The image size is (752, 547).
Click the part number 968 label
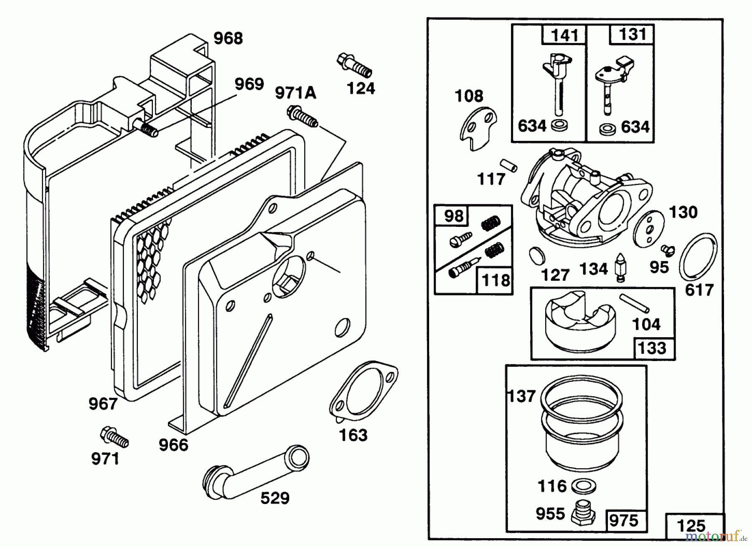(x=228, y=38)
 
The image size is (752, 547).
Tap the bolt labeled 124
(x=354, y=65)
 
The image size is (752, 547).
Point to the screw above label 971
(x=114, y=437)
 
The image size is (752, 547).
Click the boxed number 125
(x=691, y=525)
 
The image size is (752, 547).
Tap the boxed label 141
(x=564, y=35)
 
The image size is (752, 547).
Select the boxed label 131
(x=633, y=34)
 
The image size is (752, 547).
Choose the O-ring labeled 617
(x=698, y=257)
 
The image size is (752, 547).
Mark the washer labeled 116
(x=583, y=486)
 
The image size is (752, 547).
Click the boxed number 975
(x=624, y=521)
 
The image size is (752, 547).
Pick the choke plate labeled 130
(x=649, y=228)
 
